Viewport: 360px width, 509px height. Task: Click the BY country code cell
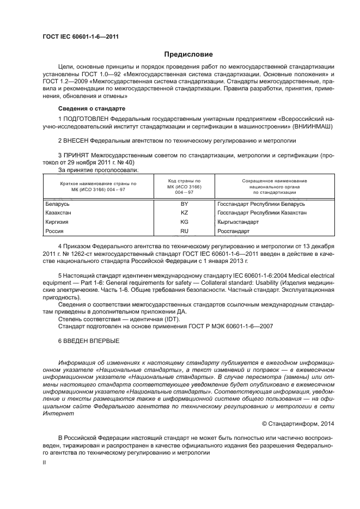click(x=184, y=204)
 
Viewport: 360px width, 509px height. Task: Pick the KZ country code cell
click(x=184, y=213)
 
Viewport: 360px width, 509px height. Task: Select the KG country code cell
click(x=184, y=222)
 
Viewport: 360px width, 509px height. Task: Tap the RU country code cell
click(x=184, y=231)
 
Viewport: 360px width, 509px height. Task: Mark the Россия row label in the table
click(x=54, y=231)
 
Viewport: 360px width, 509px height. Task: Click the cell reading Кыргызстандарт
click(x=238, y=222)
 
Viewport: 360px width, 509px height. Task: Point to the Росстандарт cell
click(x=234, y=231)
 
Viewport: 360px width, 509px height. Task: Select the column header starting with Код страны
click(x=184, y=186)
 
